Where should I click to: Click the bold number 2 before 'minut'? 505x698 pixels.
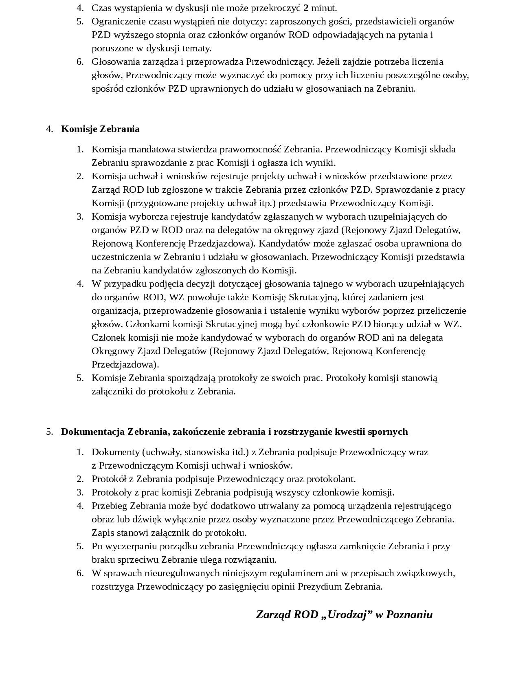coord(306,8)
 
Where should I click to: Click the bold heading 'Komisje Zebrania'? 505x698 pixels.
coord(100,129)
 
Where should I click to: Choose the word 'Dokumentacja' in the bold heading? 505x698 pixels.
coord(93,432)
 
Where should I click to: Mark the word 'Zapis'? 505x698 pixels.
coord(103,533)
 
